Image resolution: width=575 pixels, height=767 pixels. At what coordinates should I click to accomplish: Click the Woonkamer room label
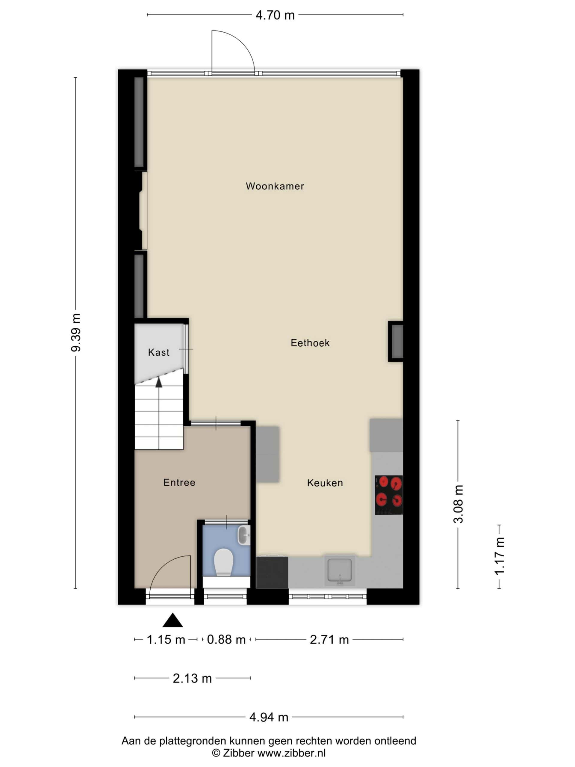275,186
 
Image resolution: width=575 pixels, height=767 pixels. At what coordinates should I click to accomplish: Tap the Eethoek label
310,343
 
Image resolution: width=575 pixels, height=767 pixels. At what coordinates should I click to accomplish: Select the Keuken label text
325,483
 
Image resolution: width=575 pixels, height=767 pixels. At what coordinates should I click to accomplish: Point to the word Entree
179,483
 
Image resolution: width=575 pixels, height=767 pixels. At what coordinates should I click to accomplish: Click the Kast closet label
159,353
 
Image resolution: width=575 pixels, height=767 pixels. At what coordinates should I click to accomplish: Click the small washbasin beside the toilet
244,535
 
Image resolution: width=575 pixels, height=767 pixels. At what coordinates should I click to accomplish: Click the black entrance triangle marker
172,620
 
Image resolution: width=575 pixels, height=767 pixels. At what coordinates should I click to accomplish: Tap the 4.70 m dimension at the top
275,15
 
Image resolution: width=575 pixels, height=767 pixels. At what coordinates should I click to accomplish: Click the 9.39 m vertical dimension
76,333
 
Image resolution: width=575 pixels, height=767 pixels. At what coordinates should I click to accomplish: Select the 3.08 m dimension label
458,504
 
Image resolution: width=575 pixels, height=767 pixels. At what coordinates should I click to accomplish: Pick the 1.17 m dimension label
499,556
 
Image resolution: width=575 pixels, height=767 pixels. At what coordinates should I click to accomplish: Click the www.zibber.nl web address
291,753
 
